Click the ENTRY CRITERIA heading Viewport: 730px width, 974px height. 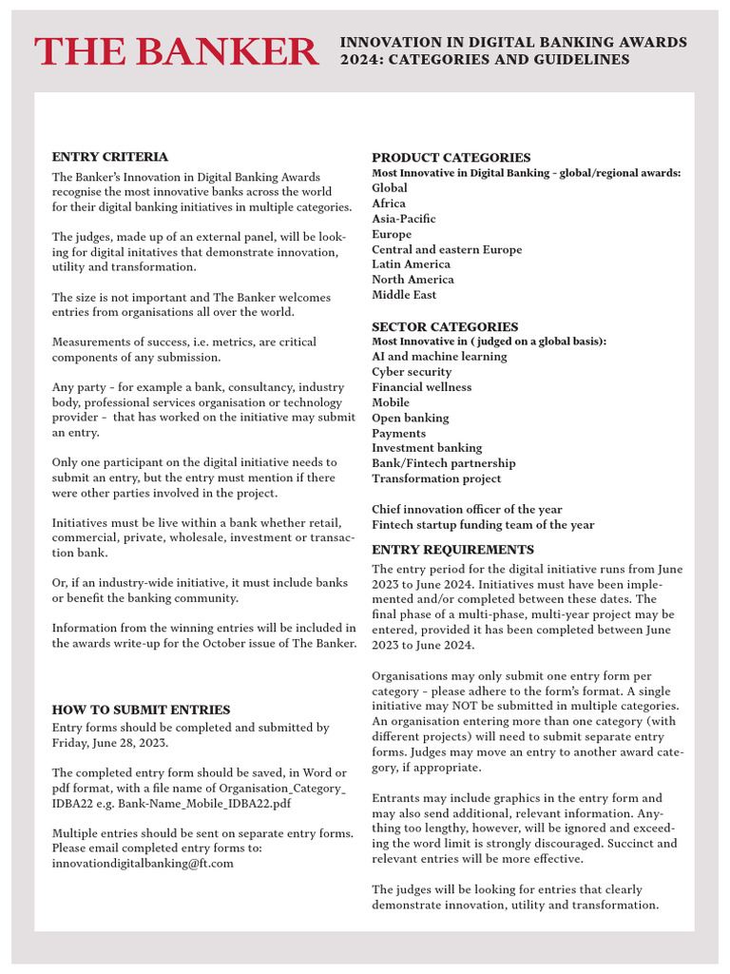(x=109, y=157)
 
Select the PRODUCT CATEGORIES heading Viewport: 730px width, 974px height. (x=451, y=158)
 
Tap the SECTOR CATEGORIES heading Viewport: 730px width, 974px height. (x=445, y=326)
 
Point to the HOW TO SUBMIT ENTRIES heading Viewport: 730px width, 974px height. (x=141, y=710)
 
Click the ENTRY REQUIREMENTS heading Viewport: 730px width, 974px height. (x=452, y=550)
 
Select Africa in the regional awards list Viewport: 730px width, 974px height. (x=389, y=204)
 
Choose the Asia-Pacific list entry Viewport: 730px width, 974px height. (x=404, y=219)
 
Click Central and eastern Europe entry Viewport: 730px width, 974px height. (x=447, y=249)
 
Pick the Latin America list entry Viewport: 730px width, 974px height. (x=412, y=264)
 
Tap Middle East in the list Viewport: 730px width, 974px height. (x=404, y=295)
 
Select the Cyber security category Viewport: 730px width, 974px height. (x=412, y=372)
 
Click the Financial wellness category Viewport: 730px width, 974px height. (x=421, y=387)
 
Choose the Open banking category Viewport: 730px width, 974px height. (x=411, y=418)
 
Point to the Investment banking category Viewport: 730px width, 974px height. (x=427, y=448)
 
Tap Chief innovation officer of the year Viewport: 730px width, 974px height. (x=467, y=510)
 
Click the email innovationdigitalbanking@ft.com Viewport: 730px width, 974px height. (x=143, y=864)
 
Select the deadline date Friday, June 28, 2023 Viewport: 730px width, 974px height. (x=110, y=743)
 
